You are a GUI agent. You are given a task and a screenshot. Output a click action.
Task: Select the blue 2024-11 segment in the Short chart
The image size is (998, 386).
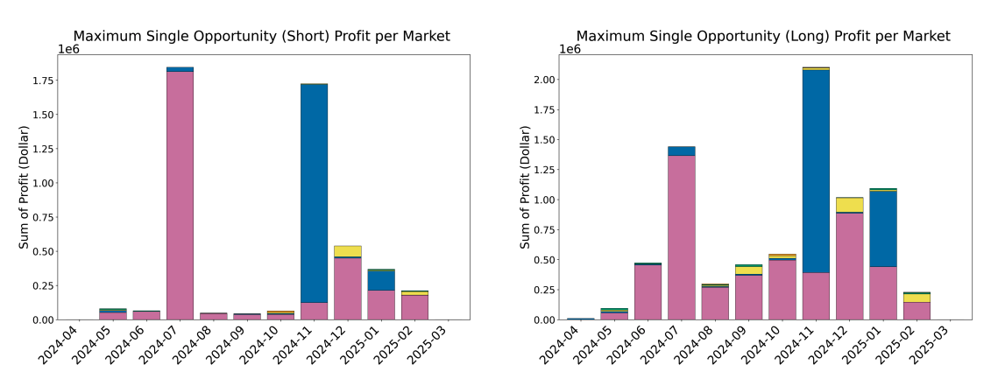point(314,193)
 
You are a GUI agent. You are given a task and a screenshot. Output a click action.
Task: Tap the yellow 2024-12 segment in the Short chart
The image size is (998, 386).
point(347,251)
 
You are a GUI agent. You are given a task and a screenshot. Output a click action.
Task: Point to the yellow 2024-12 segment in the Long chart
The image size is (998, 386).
point(849,205)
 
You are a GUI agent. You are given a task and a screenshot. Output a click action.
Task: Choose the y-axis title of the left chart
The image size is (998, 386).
point(24,186)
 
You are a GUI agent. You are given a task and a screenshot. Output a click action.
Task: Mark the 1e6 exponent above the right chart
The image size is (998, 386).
point(570,49)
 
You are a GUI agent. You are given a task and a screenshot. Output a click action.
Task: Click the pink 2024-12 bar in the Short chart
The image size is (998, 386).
point(347,289)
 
